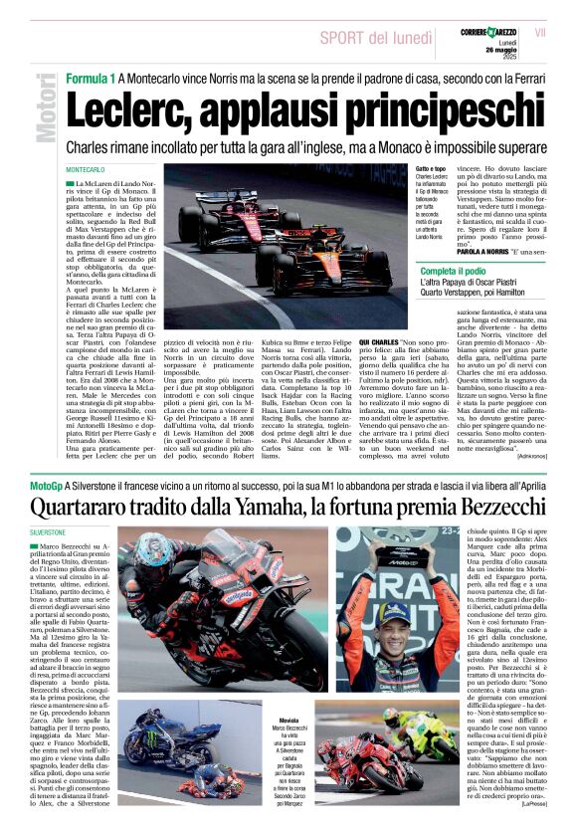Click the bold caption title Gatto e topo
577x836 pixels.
coord(431,171)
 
